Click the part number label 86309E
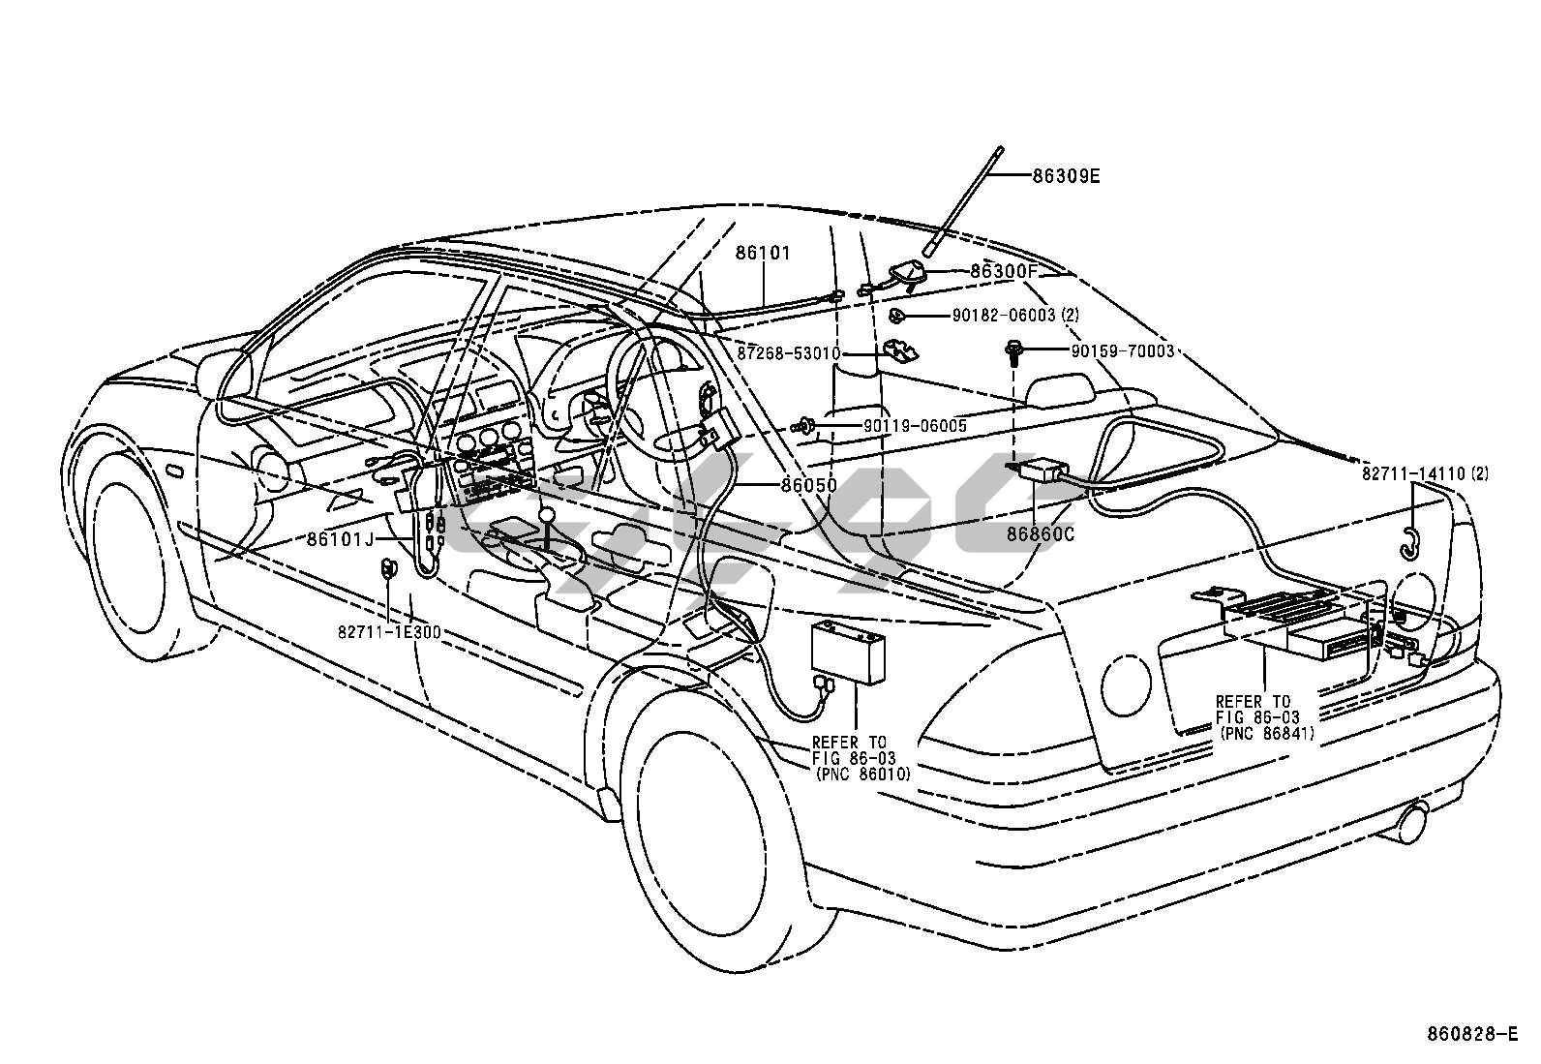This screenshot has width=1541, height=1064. point(1066,176)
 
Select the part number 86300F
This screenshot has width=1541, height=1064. point(1004,272)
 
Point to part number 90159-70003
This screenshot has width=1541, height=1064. point(1122,351)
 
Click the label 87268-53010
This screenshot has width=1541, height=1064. point(789,354)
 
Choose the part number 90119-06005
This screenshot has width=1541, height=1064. point(914,425)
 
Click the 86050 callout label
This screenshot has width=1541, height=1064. point(808,485)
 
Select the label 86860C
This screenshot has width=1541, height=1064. point(1041,533)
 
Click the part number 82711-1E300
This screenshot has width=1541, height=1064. point(389,632)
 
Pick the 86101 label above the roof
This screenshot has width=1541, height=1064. point(763,254)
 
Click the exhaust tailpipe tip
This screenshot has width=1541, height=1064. point(1412,822)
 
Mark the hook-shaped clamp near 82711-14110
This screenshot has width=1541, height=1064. point(1409,546)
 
